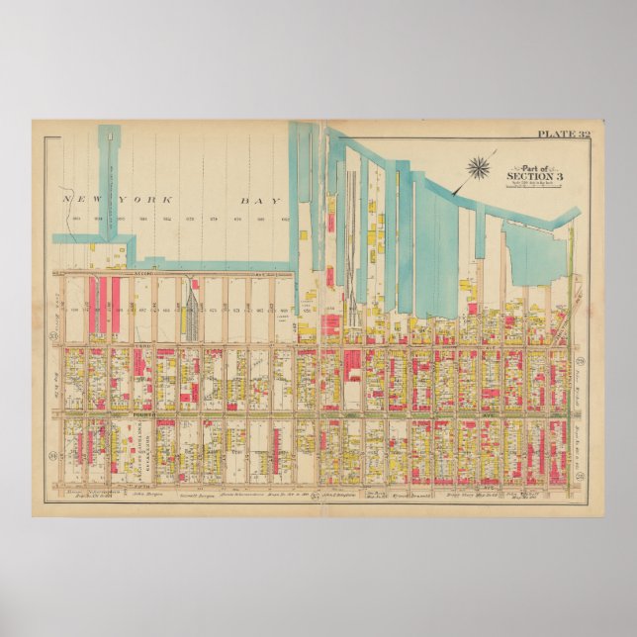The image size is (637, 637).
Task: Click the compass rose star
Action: pos(481,167)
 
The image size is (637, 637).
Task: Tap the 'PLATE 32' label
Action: pos(563,133)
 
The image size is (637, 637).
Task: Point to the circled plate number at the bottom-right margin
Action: pos(584,428)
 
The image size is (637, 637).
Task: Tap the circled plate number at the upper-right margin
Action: pos(584,363)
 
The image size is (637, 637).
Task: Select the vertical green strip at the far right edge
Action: pos(572,267)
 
